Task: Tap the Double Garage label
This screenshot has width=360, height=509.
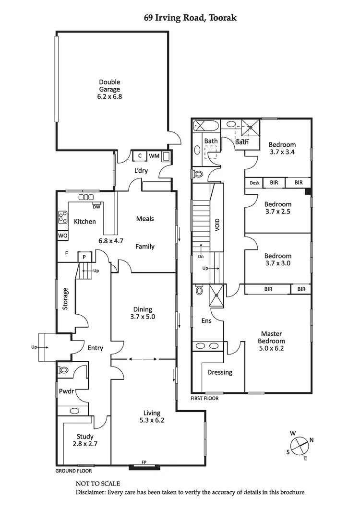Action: coord(109,89)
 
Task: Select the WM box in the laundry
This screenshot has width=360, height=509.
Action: coord(154,156)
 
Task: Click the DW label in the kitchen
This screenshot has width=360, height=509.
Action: coord(96,207)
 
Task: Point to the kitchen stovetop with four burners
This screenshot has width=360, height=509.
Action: coord(62,217)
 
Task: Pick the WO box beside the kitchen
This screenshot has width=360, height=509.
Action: coord(62,236)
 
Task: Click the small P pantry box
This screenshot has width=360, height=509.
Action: coord(84,257)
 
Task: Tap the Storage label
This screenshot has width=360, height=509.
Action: coord(65,298)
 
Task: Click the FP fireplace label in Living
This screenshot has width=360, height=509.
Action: coord(144,462)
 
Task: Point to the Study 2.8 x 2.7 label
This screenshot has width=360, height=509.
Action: coord(84,440)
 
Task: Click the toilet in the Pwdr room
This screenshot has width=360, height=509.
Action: coord(64,370)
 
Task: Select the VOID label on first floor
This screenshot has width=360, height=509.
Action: coord(217,224)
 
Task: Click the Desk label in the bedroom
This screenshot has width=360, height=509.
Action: coord(254,183)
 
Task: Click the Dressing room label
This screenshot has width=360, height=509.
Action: coord(220,372)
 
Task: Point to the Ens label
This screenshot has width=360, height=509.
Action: coord(206,321)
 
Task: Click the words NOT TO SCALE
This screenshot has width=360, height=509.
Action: coord(98,484)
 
